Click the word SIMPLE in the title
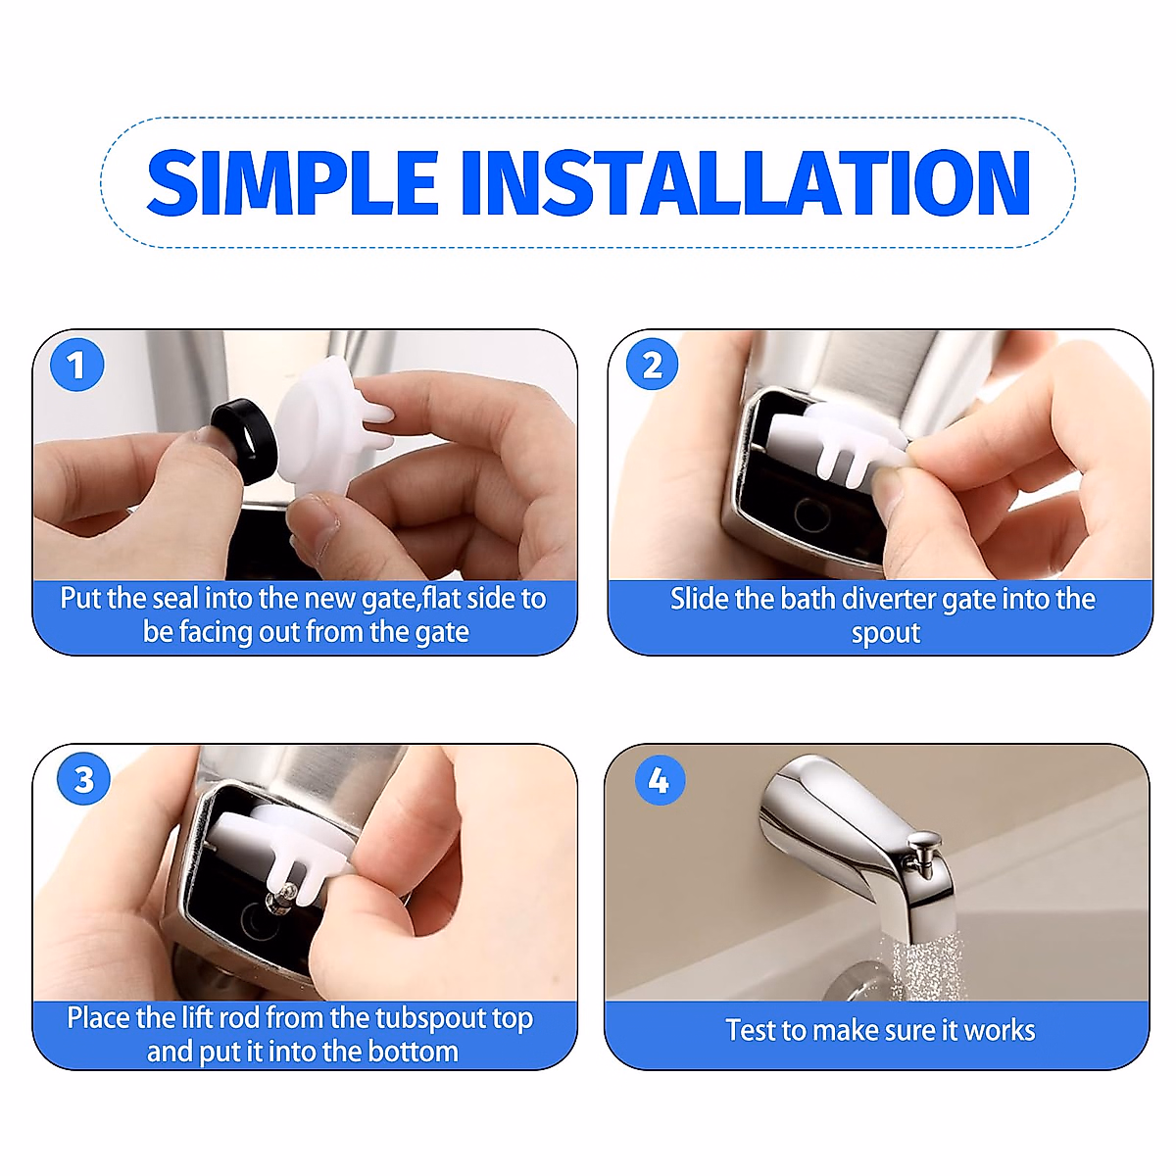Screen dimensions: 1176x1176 coord(292,182)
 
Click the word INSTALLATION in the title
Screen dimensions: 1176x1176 coord(746,182)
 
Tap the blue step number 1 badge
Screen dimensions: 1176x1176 coord(76,365)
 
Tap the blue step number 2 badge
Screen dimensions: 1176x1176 coord(652,365)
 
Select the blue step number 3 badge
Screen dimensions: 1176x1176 coord(83,779)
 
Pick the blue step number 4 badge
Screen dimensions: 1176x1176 coord(660,779)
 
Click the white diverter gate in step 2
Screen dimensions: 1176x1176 coord(835,442)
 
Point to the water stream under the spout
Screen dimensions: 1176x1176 coord(929,970)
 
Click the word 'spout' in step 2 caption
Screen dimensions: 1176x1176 coord(886,633)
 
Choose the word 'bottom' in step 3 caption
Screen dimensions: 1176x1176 coord(414,1052)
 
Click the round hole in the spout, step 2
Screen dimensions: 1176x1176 coord(811,515)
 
